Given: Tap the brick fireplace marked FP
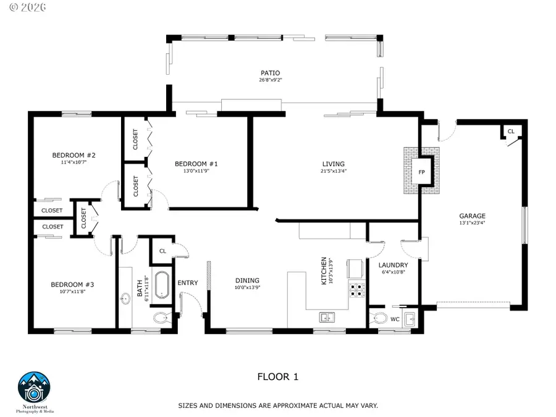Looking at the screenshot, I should coord(422,172).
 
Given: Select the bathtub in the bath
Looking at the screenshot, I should coord(161,285).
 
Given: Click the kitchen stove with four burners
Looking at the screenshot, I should coord(357,289).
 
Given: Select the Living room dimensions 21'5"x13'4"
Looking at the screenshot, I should coord(333,171).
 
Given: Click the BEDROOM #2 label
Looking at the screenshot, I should coord(73,156).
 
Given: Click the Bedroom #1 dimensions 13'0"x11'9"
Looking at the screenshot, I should coord(196,171).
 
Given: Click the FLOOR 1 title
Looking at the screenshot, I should coord(277,376).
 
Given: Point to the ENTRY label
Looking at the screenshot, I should coord(188,283).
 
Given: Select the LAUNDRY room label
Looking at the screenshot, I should coord(393,265).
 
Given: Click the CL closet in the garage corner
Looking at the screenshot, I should coord(510,132).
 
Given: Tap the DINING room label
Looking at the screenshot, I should coord(247,280).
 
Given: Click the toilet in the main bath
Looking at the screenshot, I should coord(161,318).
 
